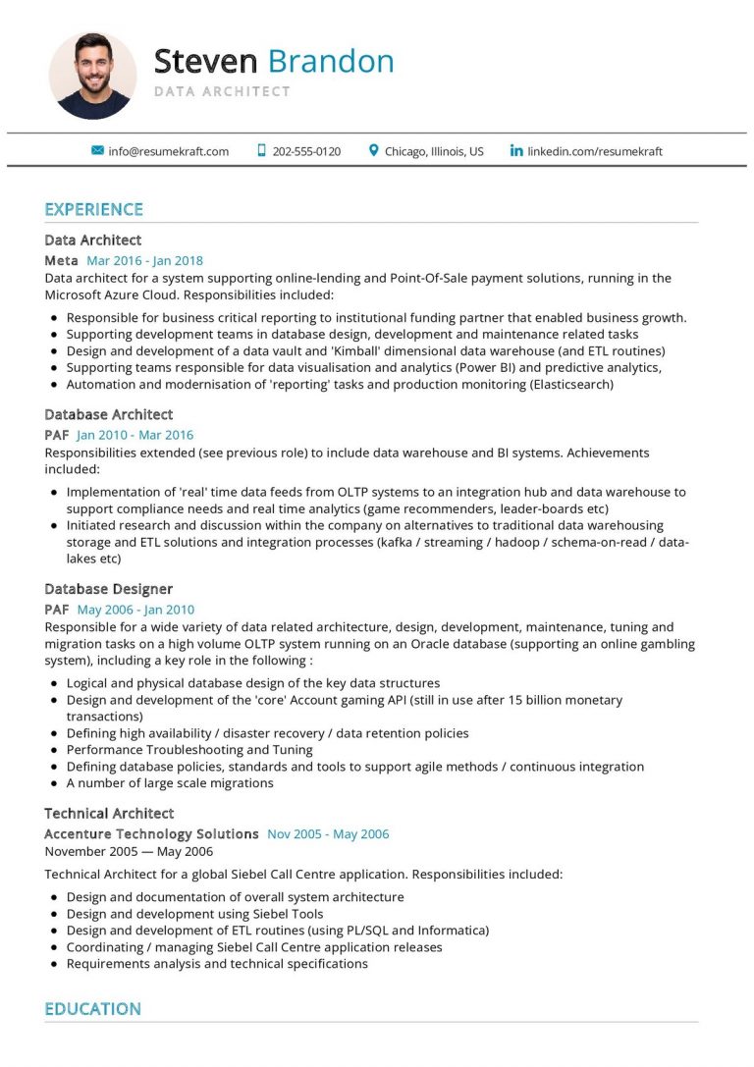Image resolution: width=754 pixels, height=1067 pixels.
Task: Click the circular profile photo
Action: pos(92,76)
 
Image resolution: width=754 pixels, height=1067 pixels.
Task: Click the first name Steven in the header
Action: pos(204,62)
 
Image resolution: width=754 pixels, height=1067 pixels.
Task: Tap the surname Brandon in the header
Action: pos(331,62)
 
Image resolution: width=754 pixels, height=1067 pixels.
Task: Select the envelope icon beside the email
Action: pos(97,151)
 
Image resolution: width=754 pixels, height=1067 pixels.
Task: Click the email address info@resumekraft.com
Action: pos(168,151)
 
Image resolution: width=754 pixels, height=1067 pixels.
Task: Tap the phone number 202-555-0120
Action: pos(306,151)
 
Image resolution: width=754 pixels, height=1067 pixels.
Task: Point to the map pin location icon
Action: pos(373,151)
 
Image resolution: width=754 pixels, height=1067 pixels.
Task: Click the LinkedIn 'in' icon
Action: pos(516,151)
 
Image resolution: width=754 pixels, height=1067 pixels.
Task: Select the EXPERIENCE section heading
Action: pos(93,209)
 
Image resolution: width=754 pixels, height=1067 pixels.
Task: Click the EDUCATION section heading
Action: pos(92,1009)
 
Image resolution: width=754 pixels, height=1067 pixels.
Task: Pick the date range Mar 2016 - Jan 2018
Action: pos(144,261)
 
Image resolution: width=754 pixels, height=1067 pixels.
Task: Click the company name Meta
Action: pos(61,261)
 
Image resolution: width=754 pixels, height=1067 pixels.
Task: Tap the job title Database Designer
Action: pos(108,589)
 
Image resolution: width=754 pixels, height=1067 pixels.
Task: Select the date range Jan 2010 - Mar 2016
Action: pos(135,435)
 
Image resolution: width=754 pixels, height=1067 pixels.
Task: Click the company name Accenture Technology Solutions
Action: pos(151,834)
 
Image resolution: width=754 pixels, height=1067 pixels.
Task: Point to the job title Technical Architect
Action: pos(109,813)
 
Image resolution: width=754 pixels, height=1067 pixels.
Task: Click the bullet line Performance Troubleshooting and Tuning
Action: pos(189,750)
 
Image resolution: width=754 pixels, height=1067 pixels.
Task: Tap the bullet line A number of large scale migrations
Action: pos(170,783)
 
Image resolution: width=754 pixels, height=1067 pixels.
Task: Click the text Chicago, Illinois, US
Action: pos(434,151)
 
